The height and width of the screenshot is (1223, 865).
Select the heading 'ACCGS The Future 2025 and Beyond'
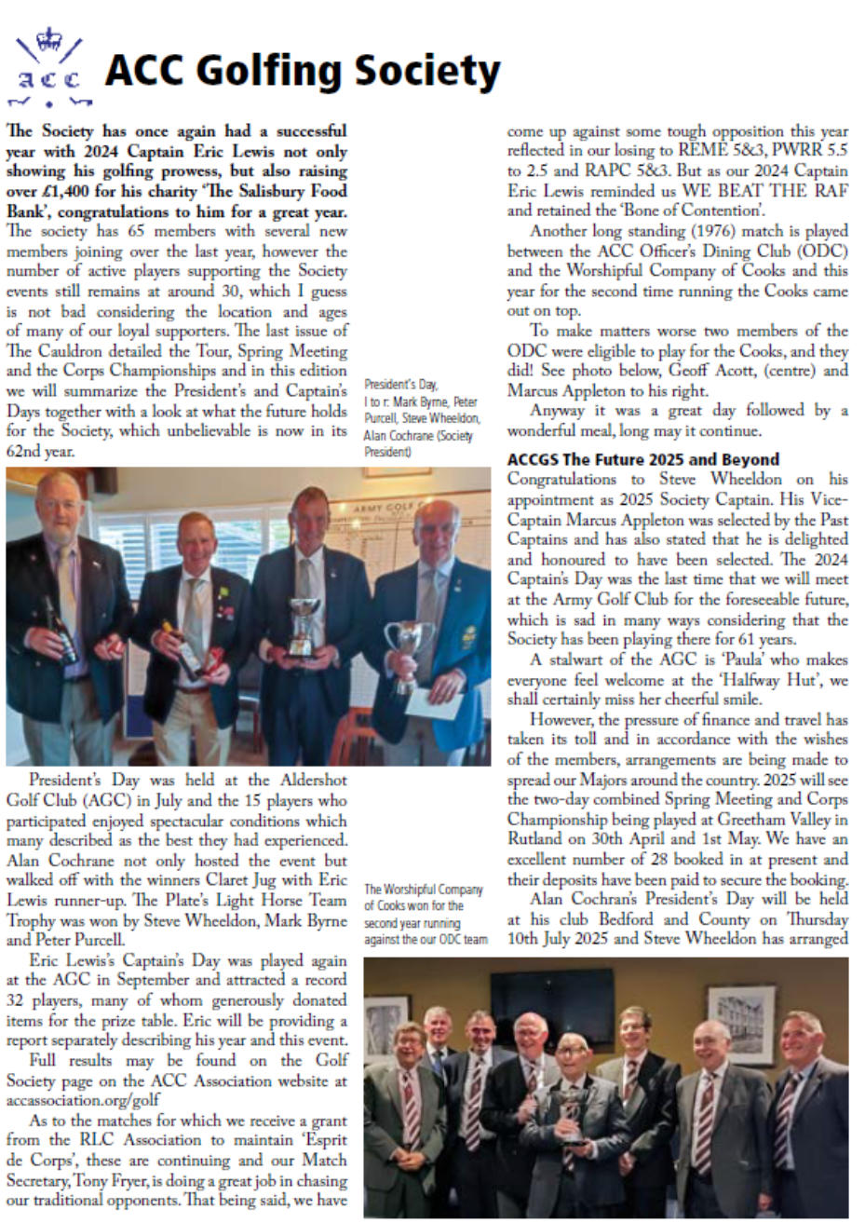643,459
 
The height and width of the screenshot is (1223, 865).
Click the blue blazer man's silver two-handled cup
412,648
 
